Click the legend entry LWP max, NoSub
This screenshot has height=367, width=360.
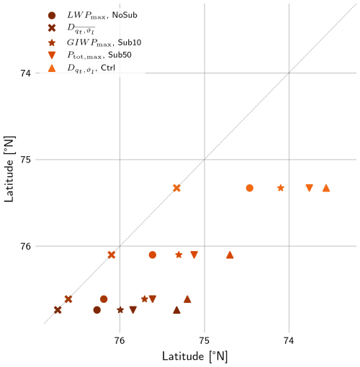click(102, 15)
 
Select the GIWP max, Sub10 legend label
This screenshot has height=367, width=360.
click(104, 42)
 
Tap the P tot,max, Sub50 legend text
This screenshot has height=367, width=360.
click(99, 55)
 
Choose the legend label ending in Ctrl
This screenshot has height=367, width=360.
click(91, 68)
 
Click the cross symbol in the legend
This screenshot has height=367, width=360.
click(52, 28)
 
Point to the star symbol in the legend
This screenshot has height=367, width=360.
click(52, 42)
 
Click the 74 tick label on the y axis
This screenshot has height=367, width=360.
click(25, 73)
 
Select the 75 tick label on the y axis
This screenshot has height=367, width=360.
click(25, 160)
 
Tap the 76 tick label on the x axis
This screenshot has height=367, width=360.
click(120, 340)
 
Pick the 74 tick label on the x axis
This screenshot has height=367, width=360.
click(289, 340)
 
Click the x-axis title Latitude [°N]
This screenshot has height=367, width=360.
click(194, 356)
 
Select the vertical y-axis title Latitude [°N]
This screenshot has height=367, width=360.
click(9, 169)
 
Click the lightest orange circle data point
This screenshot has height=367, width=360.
click(250, 188)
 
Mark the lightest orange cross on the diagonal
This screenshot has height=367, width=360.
click(176, 188)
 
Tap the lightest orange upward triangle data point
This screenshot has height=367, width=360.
click(326, 188)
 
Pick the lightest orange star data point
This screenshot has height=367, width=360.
click(281, 188)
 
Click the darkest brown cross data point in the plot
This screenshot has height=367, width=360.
click(58, 310)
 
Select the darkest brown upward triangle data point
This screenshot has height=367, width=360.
click(176, 310)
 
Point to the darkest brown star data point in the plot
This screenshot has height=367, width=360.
click(120, 310)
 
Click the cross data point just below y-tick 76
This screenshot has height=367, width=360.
click(112, 255)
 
